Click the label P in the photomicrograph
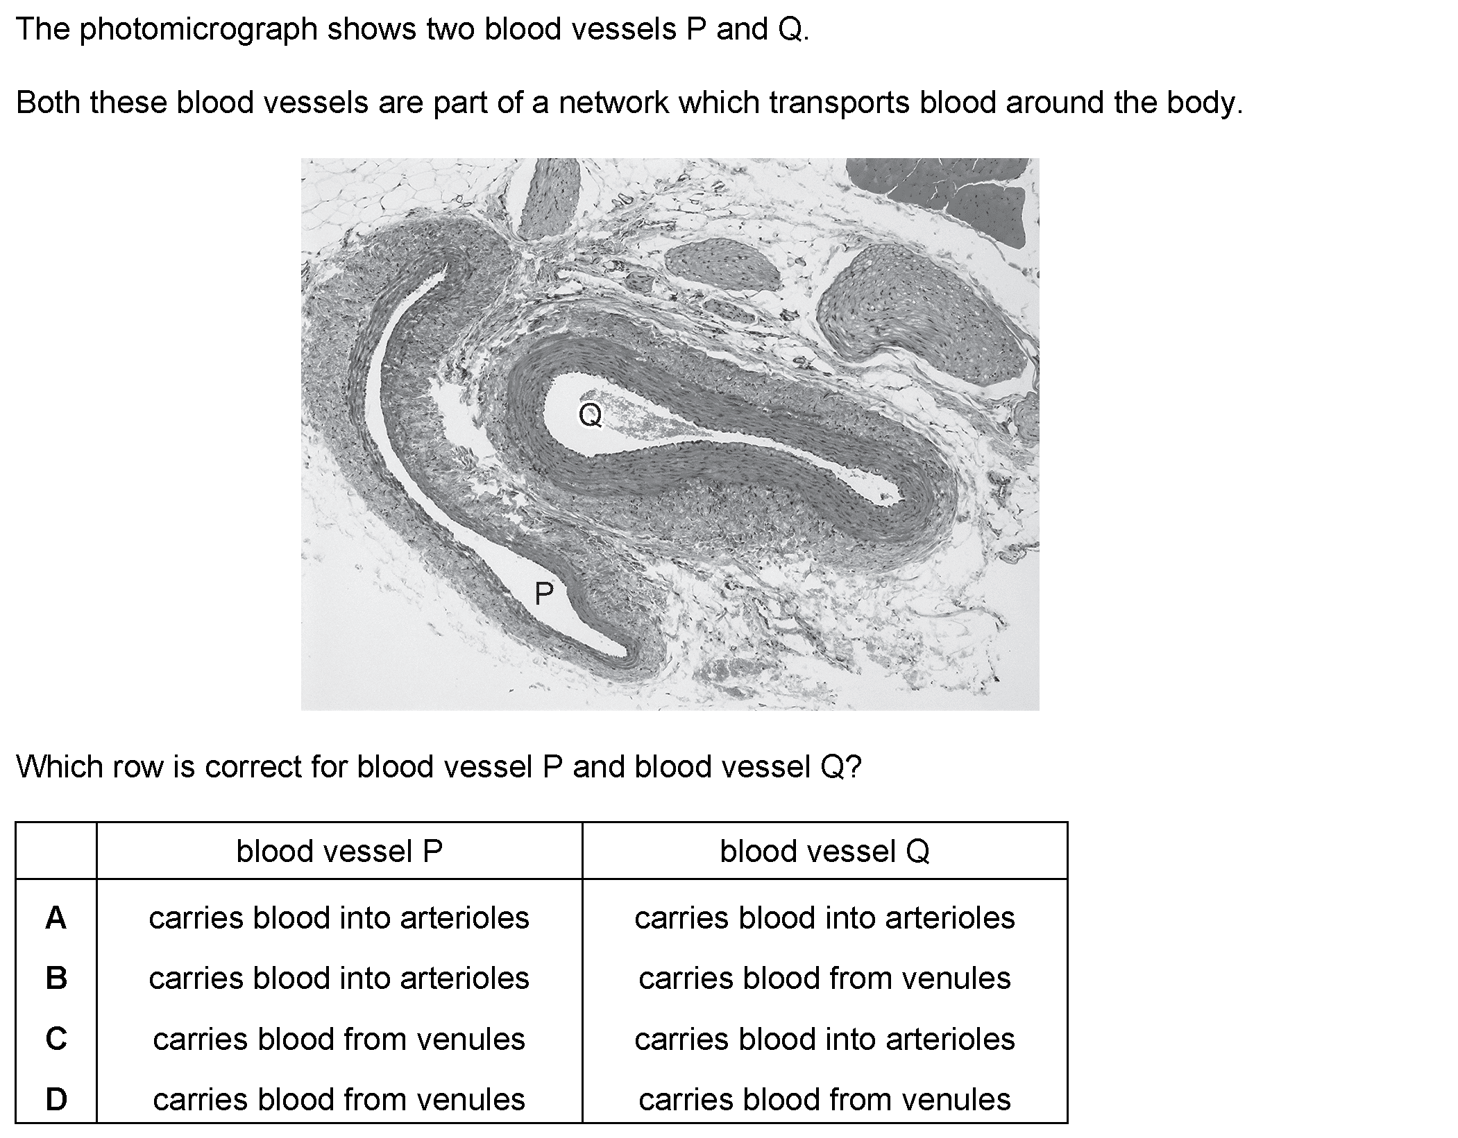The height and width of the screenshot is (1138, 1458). click(544, 594)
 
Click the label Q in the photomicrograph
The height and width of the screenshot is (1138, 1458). click(591, 415)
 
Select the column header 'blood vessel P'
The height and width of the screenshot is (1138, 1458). click(339, 851)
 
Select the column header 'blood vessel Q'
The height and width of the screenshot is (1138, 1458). click(824, 851)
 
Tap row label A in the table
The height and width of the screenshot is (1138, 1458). click(56, 917)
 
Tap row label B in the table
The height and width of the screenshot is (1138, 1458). click(56, 978)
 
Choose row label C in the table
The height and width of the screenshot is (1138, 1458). click(56, 1039)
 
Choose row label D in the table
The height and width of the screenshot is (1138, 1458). click(56, 1099)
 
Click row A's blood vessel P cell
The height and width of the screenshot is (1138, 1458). click(339, 917)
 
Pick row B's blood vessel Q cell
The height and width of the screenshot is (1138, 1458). click(824, 978)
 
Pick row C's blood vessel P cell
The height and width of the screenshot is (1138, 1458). click(339, 1039)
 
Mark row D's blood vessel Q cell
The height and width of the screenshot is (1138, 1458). click(824, 1099)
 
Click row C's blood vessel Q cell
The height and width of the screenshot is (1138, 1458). click(824, 1039)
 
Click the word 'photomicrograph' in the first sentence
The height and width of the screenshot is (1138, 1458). click(198, 30)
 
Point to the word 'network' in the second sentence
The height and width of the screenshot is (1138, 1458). click(615, 103)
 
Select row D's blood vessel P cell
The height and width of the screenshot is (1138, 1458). click(339, 1099)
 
